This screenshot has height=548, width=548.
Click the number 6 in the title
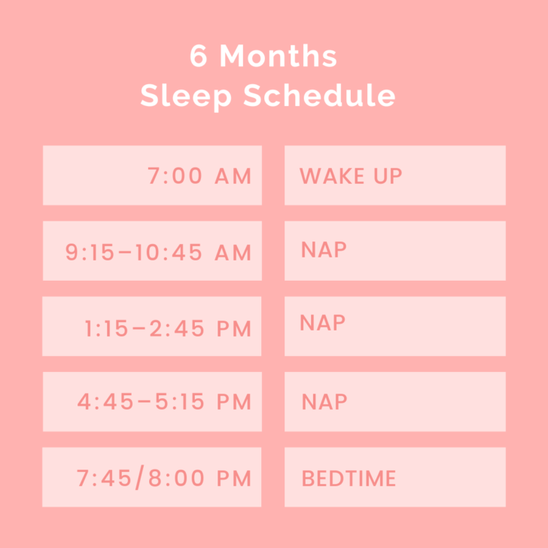pos(199,57)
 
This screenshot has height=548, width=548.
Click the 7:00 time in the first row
pos(175,176)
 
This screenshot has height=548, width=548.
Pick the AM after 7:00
pos(233,176)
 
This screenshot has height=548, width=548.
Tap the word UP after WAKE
pos(388,176)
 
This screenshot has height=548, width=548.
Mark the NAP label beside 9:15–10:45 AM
pos(324,250)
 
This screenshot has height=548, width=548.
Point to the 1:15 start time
pos(103,327)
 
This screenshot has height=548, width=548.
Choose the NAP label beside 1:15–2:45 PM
pos(323,323)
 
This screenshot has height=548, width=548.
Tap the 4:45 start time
pos(102,402)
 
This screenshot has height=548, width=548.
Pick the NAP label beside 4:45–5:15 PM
pos(324,402)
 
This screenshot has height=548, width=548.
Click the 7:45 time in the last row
pos(102,478)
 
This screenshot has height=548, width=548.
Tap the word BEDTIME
pos(349,478)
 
